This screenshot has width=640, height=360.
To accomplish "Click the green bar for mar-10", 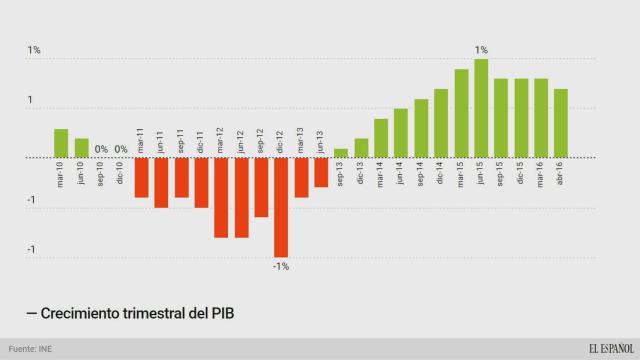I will coord(61,143).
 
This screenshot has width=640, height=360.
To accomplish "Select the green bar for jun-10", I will coord(81,148).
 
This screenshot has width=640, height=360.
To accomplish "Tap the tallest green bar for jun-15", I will coord(481,108).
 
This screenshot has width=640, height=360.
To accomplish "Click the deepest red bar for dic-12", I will coord(281,207).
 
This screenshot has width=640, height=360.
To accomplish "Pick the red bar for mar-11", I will coord(141,177).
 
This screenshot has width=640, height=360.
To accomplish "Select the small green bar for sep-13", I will coord(341,153).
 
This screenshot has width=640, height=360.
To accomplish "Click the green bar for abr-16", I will coord(561,123).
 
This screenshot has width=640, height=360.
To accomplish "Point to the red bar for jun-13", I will coord(321,172).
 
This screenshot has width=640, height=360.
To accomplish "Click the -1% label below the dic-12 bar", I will coord(281,266).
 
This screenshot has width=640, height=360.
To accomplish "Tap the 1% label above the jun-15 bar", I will coord(481,49).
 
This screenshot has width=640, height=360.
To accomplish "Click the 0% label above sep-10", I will coord(101,150).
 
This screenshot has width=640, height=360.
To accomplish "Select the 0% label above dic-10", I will coord(121,150).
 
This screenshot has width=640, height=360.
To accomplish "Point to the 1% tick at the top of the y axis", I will coord(34,49).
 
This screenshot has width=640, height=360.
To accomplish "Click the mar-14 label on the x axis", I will coord(381,176).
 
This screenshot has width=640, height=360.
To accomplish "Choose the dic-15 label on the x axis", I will coord(521,176).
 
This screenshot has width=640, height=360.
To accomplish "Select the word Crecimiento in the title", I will coord(84,314).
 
